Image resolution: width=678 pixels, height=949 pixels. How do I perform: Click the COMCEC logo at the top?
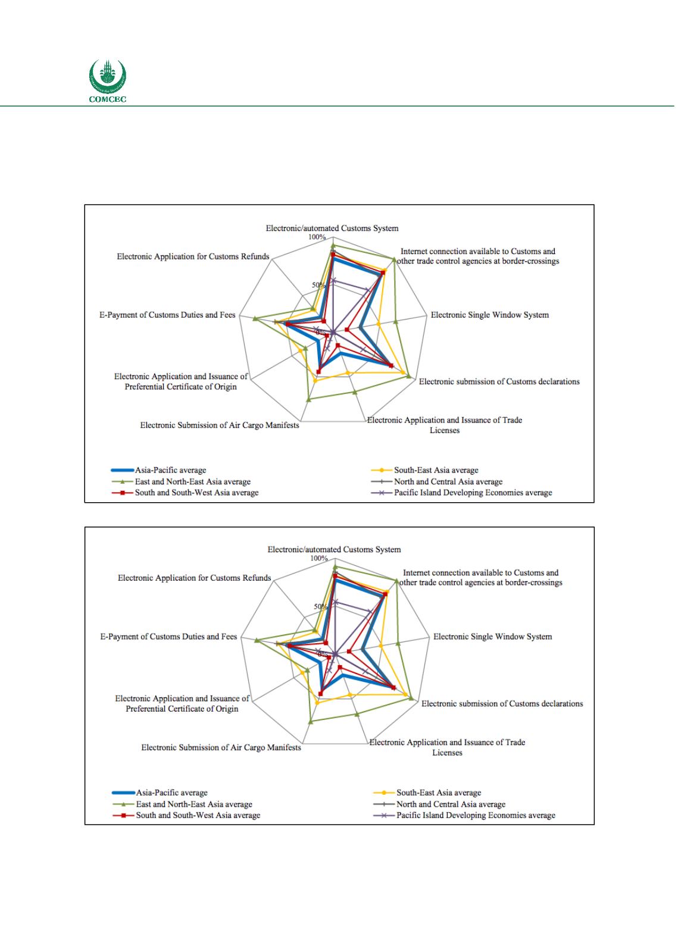tap(108, 81)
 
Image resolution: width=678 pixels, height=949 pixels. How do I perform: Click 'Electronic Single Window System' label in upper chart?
tap(489, 315)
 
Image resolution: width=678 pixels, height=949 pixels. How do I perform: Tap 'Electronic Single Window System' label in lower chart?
tap(492, 637)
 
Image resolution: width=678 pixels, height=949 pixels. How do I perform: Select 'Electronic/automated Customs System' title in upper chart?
tap(332, 228)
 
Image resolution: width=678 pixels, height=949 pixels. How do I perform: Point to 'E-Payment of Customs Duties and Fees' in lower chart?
tap(168, 637)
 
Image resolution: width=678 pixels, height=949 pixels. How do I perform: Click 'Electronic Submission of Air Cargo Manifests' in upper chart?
tap(220, 425)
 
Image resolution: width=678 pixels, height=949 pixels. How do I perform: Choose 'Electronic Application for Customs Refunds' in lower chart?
tap(194, 578)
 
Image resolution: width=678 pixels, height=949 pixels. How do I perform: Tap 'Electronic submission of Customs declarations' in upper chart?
tap(499, 381)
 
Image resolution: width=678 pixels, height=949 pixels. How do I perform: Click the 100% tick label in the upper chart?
tap(317, 237)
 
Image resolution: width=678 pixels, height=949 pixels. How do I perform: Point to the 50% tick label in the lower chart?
tap(320, 606)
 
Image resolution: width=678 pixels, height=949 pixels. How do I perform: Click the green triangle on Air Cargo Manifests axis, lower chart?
tap(311, 722)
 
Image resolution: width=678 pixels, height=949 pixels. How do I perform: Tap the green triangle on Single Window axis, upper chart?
tap(396, 322)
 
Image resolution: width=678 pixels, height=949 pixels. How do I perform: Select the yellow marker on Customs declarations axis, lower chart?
tap(406, 694)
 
